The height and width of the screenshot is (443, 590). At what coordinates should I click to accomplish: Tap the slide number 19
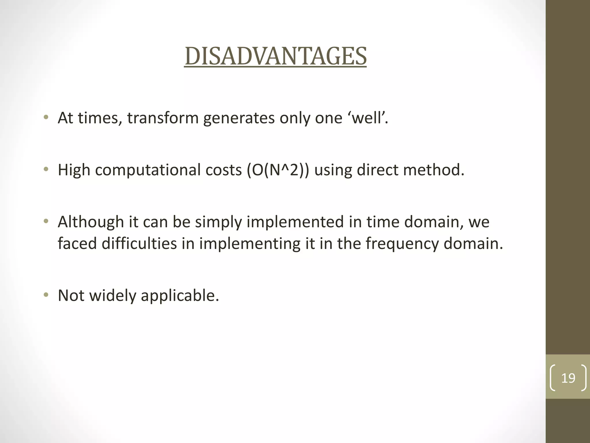coord(568,378)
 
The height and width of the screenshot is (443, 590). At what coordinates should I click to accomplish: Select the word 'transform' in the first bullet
coord(163,118)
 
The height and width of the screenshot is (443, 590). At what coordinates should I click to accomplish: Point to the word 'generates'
coord(239,118)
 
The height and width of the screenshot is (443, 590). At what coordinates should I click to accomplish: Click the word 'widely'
coord(113,296)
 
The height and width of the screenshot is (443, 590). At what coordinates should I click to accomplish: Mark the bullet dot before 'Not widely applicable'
coord(46,295)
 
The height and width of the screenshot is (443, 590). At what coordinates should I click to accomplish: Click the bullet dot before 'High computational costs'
coord(46,169)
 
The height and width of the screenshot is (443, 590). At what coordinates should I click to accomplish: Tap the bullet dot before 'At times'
coord(46,117)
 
